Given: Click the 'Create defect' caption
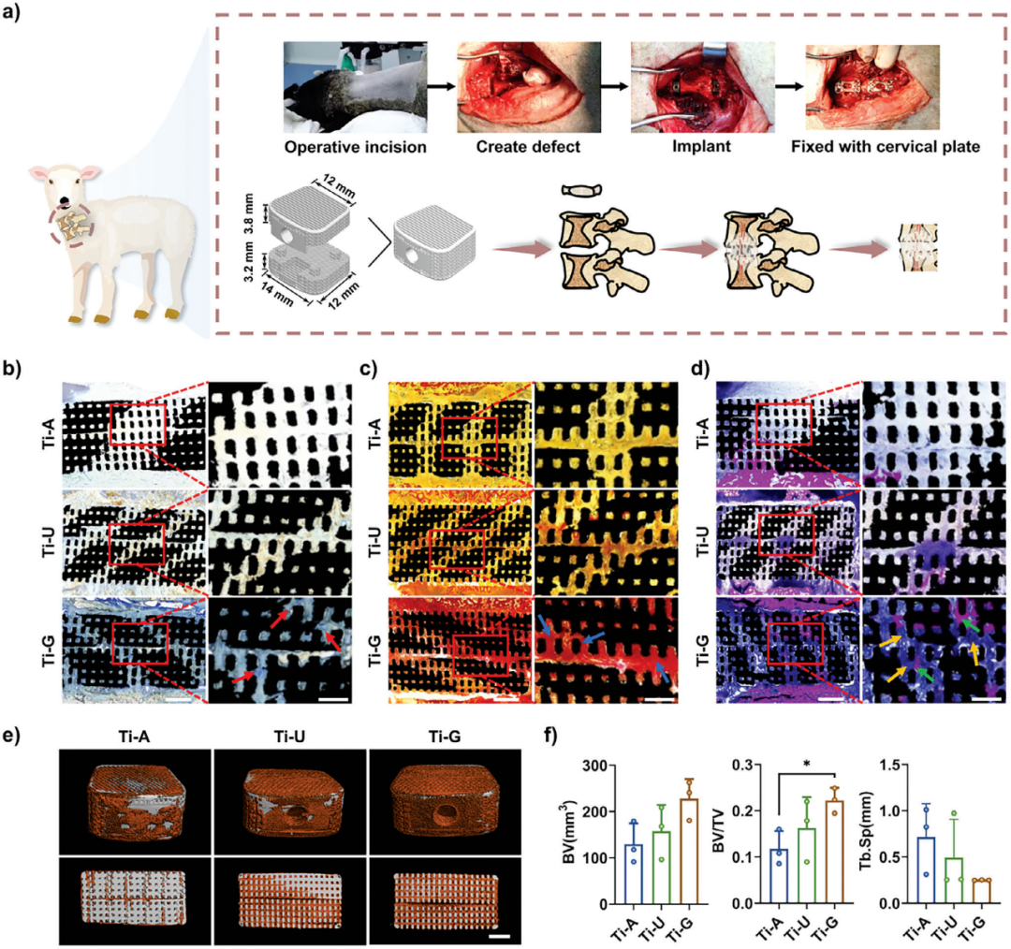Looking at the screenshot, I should [x=514, y=147].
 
